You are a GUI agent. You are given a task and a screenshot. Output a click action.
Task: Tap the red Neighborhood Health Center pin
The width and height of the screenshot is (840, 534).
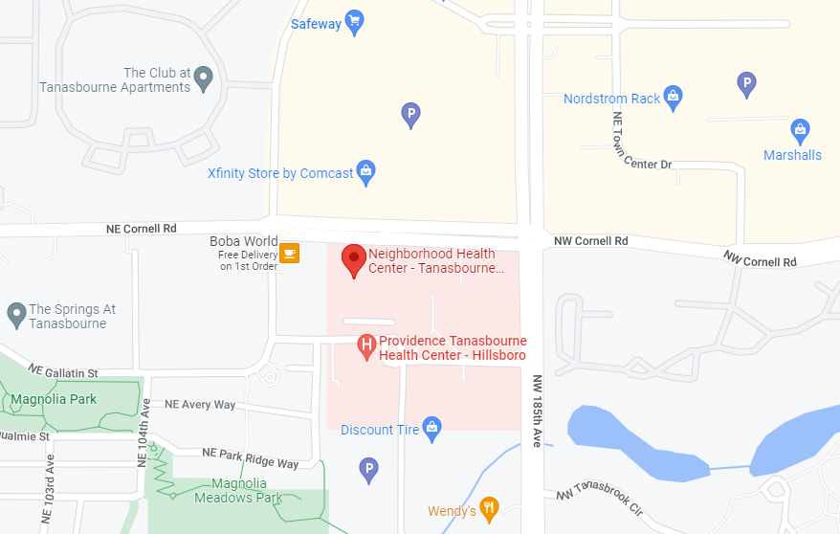354,258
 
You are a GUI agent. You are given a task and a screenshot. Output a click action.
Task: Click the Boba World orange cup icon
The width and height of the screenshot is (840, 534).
289,253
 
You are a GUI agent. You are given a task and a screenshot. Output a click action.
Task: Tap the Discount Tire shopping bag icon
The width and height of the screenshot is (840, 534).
432,428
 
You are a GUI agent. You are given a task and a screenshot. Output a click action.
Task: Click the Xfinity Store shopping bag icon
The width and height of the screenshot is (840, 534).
365,172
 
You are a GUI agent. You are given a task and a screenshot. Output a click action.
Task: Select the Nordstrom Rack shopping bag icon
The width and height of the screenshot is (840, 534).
674,97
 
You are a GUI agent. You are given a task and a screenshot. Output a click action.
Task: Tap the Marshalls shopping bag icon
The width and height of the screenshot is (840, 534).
800,129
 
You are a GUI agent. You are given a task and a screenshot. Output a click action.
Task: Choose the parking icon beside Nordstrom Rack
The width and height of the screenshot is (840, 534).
746,83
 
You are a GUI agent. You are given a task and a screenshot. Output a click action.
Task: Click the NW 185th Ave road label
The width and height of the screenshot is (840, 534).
537,411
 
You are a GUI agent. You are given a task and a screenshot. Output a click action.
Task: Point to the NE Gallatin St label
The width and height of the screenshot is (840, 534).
63,371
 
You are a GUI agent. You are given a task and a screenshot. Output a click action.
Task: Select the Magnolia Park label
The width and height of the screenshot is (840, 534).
54,399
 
